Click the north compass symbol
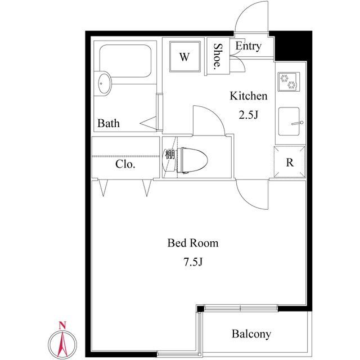(x=63, y=340)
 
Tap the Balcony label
(x=251, y=334)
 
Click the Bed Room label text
(x=193, y=244)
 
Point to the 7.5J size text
(x=193, y=262)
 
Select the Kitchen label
(x=248, y=96)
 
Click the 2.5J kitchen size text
(x=248, y=115)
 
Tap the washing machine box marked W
(x=184, y=57)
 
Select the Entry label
(x=248, y=46)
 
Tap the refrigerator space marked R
(x=290, y=163)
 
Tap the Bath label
(x=109, y=123)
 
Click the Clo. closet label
(x=125, y=165)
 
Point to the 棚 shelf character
(x=169, y=153)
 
